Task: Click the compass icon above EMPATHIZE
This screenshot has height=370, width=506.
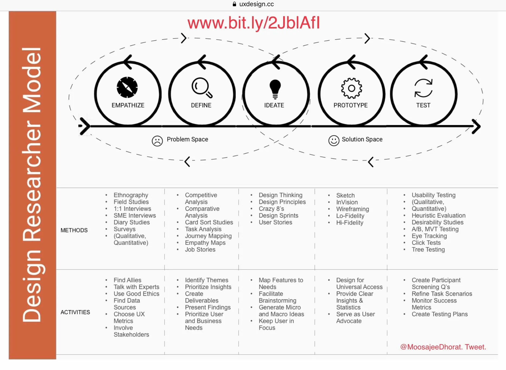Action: click(127, 87)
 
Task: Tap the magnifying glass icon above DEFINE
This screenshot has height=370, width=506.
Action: click(201, 87)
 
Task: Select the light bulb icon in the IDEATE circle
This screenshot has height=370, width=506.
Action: click(275, 89)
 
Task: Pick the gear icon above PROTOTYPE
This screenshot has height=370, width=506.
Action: click(351, 88)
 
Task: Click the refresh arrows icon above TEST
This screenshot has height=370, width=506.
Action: click(423, 88)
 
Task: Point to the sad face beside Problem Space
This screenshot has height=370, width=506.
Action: click(157, 141)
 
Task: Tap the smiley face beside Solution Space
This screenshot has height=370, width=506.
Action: click(334, 141)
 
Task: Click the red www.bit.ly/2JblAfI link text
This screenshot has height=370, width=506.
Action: click(253, 23)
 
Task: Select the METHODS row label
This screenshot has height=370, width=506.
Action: click(74, 230)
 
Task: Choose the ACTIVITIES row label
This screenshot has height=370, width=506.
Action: click(75, 312)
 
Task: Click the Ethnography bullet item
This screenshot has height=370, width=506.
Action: click(131, 195)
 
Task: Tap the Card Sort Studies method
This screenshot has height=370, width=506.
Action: click(209, 222)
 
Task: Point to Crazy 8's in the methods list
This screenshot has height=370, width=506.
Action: click(271, 209)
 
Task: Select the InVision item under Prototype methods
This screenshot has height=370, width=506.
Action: click(347, 202)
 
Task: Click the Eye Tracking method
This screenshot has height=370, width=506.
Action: click(429, 236)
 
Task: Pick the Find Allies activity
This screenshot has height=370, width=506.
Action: click(127, 280)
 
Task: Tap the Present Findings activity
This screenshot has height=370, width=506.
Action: click(208, 307)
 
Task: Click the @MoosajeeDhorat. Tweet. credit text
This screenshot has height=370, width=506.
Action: click(443, 347)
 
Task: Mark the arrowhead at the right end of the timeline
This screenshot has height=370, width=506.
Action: click(476, 126)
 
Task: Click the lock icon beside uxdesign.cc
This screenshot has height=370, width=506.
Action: click(234, 4)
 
